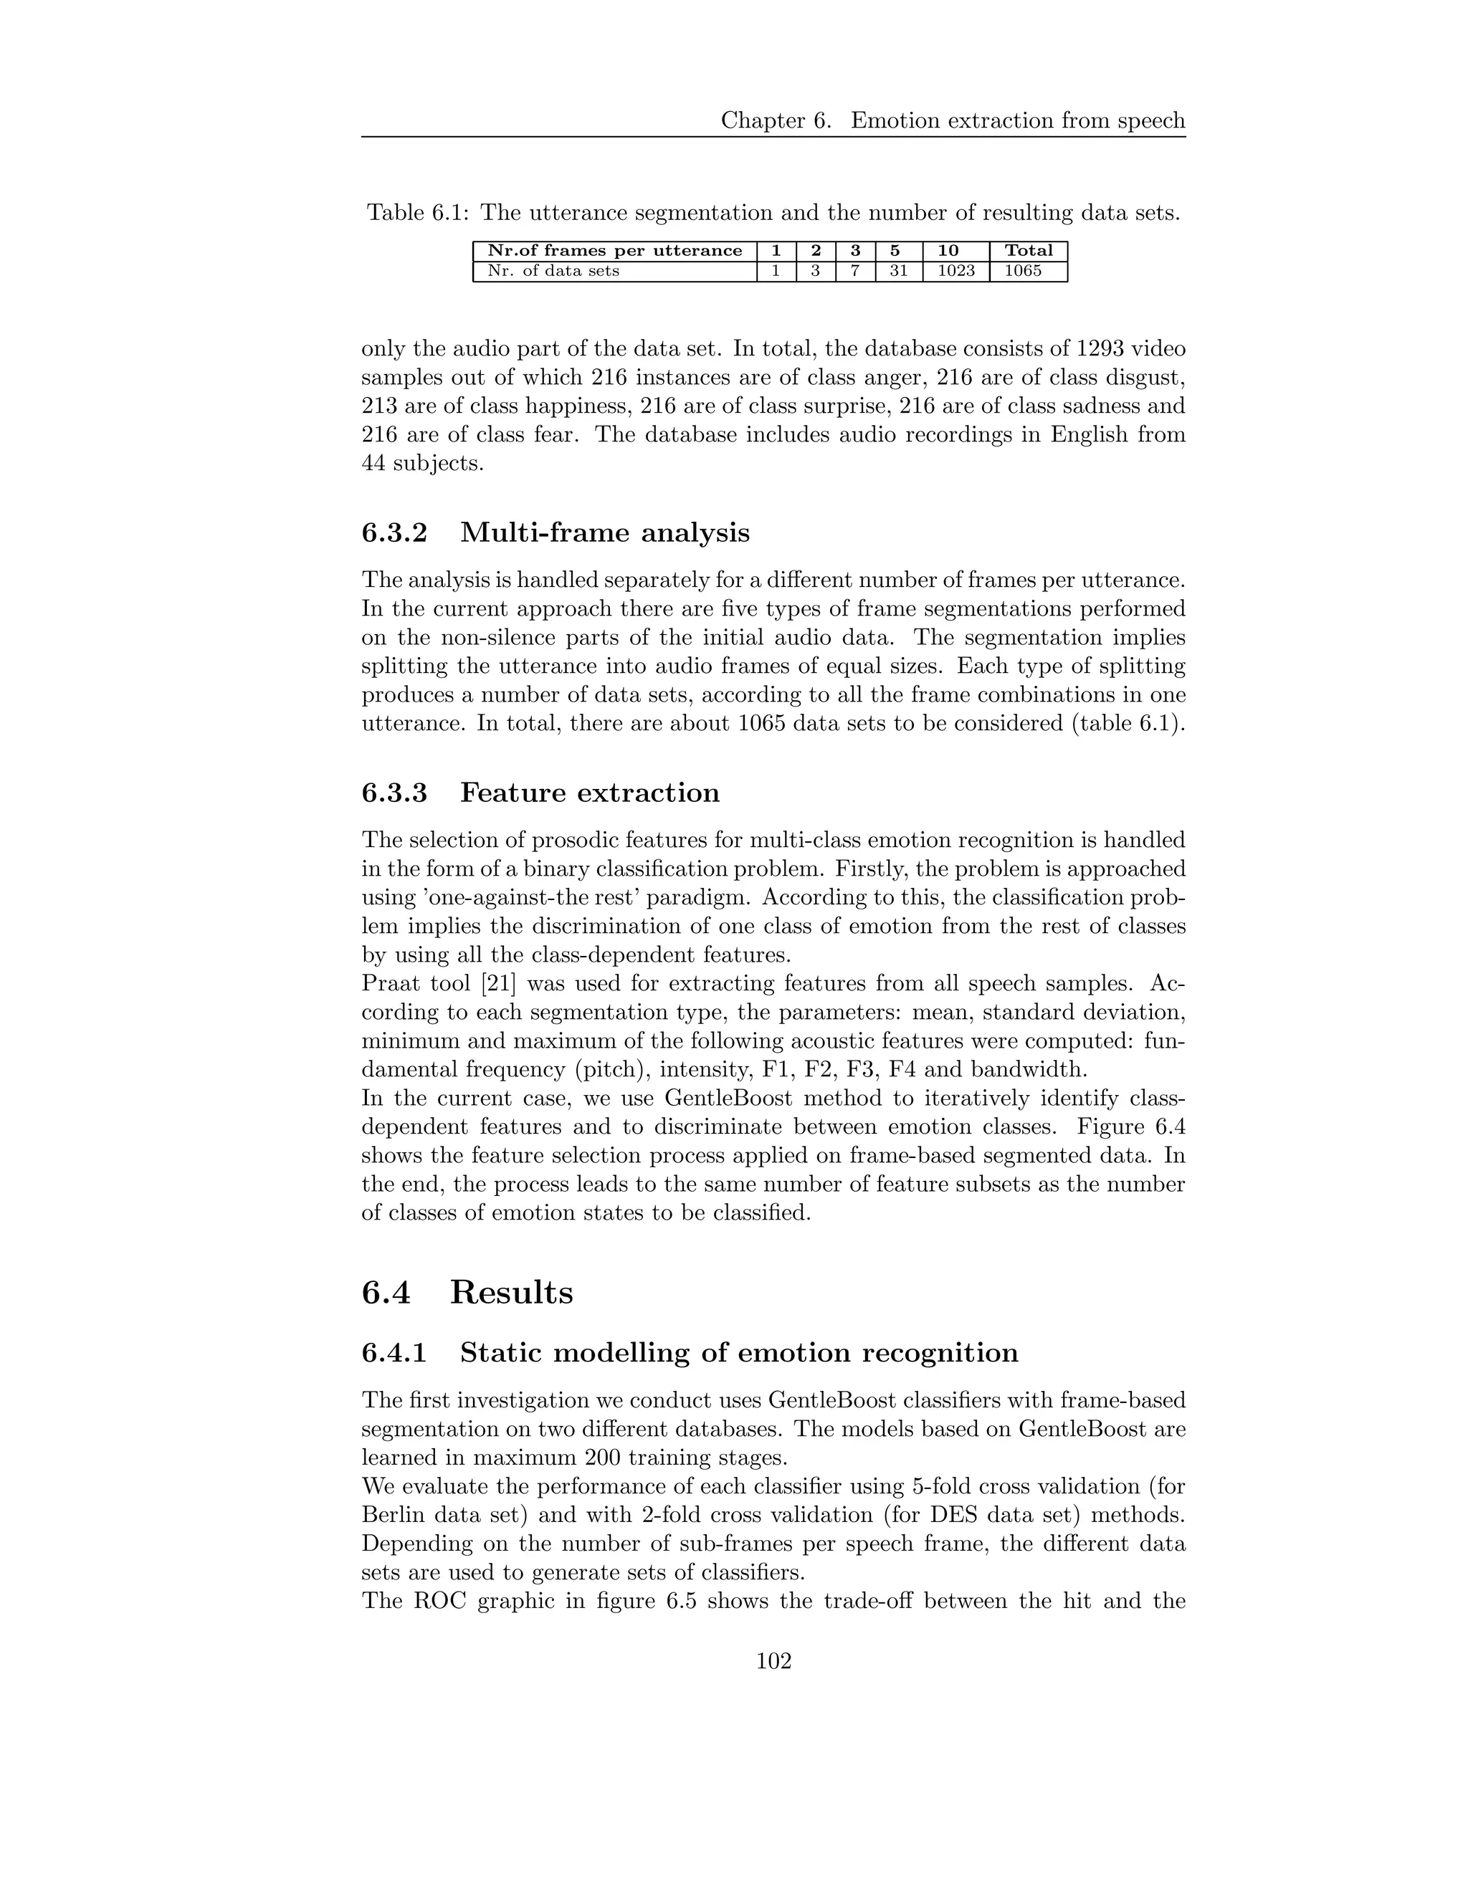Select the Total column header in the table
pos(1028,250)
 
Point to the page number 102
pos(773,1662)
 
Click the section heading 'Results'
pos(511,1293)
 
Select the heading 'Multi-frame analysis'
pos(604,532)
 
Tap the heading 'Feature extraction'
pos(590,793)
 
